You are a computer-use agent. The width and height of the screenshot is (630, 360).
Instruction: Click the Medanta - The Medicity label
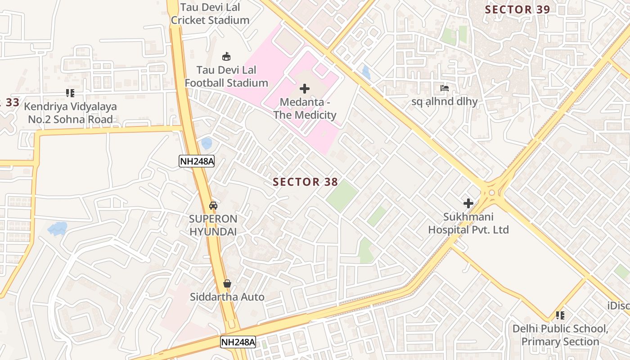tap(305, 109)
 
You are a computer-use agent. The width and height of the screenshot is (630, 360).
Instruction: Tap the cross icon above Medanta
tap(305, 89)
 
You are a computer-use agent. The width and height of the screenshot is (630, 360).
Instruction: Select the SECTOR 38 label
tap(305, 182)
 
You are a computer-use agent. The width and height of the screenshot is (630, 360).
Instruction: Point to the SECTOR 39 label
tap(517, 9)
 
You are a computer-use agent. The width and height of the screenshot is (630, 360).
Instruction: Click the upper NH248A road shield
tap(197, 161)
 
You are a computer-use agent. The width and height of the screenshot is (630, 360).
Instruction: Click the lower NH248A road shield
tap(238, 342)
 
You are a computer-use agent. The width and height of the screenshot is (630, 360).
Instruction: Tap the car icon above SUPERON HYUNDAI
tap(213, 206)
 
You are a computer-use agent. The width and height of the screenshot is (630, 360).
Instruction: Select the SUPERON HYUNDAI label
tap(213, 225)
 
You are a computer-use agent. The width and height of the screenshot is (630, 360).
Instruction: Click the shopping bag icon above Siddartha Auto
tap(227, 283)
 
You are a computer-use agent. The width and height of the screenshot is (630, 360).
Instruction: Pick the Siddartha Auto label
tap(227, 297)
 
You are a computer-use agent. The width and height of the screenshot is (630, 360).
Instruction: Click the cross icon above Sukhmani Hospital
tap(468, 203)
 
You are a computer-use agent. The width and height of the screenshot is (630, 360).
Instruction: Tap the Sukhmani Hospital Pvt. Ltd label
tap(468, 223)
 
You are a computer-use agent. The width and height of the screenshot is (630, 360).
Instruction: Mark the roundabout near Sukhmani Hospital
tap(491, 193)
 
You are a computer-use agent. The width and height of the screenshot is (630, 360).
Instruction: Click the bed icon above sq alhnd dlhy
tap(445, 88)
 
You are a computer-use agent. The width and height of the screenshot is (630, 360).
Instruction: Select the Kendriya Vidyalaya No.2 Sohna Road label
tap(70, 113)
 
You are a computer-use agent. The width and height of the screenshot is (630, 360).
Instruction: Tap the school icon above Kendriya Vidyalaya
tap(70, 93)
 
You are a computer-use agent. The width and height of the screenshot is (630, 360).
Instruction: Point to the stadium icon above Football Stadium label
tap(226, 57)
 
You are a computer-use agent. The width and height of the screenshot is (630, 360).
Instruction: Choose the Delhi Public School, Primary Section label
tap(560, 335)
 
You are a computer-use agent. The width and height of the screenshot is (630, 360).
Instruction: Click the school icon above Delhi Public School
tap(560, 315)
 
